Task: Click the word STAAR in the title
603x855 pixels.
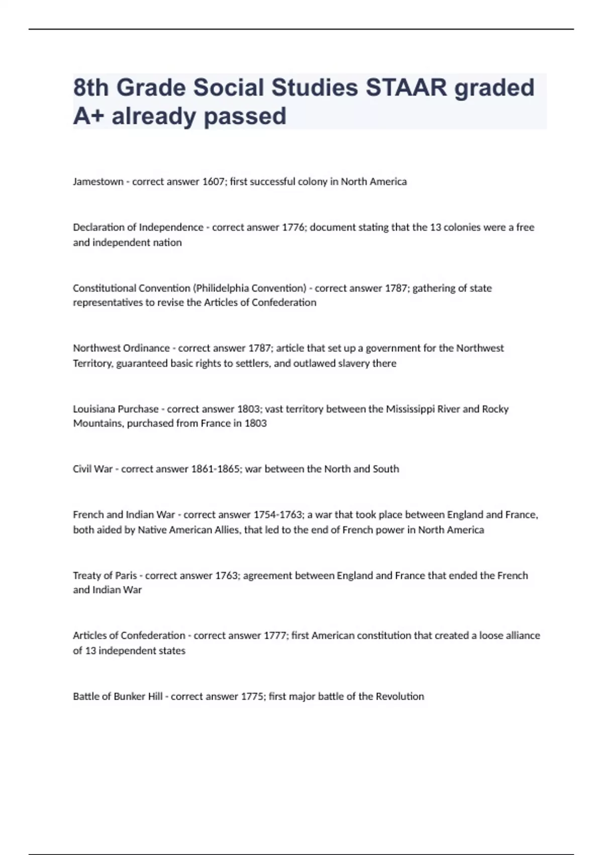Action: (406, 88)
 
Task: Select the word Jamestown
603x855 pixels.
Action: (98, 182)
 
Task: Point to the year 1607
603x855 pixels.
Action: (214, 182)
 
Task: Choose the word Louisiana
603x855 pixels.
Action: (94, 409)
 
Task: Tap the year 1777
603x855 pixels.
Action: (275, 636)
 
